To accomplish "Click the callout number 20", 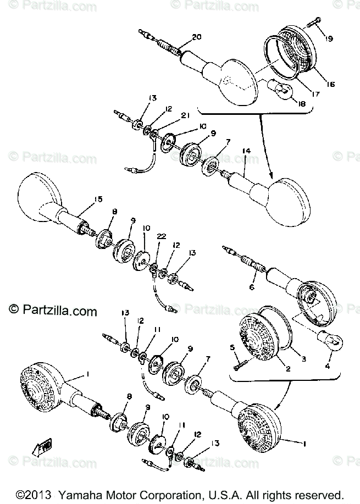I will click(x=197, y=37).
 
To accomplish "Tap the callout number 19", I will click(x=328, y=38).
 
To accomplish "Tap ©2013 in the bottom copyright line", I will click(x=31, y=494).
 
